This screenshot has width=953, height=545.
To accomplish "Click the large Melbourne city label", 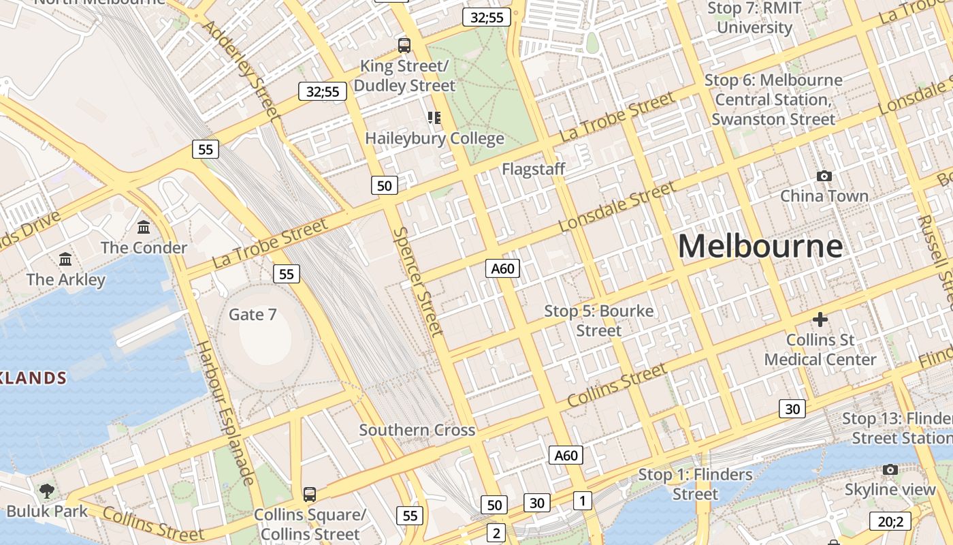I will pyautogui.click(x=760, y=246).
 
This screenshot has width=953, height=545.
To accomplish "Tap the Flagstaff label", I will pyautogui.click(x=534, y=169).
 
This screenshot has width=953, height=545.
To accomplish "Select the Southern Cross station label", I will pyautogui.click(x=417, y=430).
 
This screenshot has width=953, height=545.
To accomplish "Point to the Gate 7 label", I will pyautogui.click(x=253, y=314).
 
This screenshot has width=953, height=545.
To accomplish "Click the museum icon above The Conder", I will pyautogui.click(x=144, y=227).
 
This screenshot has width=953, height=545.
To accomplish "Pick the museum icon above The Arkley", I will pyautogui.click(x=65, y=259).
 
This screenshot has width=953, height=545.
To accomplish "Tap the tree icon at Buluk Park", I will pyautogui.click(x=47, y=490).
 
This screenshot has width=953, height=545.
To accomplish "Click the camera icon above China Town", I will pyautogui.click(x=824, y=176).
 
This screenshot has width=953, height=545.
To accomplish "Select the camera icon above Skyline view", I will pyautogui.click(x=890, y=469).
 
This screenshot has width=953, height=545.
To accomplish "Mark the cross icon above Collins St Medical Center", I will pyautogui.click(x=820, y=319).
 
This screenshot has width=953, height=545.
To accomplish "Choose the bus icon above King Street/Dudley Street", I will pyautogui.click(x=404, y=46).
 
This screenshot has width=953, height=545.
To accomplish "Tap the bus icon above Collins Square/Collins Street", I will pyautogui.click(x=310, y=494).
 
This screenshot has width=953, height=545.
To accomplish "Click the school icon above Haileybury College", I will pyautogui.click(x=434, y=118).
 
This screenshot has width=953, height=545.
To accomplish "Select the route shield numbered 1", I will pyautogui.click(x=582, y=501).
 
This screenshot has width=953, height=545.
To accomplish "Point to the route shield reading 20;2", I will pyautogui.click(x=890, y=522).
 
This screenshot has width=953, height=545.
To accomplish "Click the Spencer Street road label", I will pyautogui.click(x=419, y=281).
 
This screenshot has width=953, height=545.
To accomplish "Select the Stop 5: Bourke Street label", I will pyautogui.click(x=598, y=321).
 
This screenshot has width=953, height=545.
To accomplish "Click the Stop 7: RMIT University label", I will pyautogui.click(x=754, y=18).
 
